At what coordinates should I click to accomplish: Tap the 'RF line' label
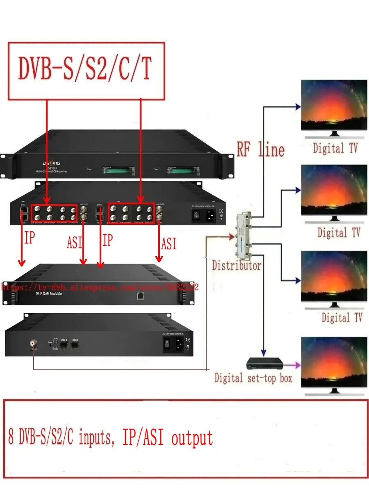tap(260, 149)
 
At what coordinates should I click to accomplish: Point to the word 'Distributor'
tap(237, 266)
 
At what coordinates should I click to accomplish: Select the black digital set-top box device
tap(265, 364)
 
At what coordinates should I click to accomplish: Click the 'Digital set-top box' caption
tap(253, 378)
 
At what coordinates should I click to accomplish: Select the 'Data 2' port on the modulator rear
tap(64, 345)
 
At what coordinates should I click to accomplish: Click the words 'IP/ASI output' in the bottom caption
tap(168, 437)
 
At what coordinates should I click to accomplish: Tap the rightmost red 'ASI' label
tap(169, 244)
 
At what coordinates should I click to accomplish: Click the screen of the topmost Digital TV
tap(334, 105)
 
